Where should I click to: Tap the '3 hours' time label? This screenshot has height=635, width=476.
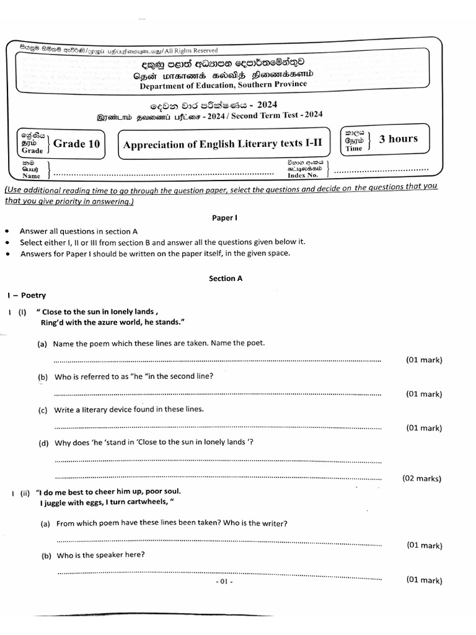click(398, 139)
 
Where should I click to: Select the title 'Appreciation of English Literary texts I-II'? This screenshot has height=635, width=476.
click(223, 144)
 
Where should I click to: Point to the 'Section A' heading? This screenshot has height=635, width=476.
click(226, 278)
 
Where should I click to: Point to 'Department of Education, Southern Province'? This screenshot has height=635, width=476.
click(223, 85)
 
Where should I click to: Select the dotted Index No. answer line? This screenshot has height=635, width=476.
click(381, 169)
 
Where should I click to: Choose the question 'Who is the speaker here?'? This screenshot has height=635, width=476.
click(101, 555)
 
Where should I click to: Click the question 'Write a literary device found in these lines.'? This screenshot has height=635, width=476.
click(129, 409)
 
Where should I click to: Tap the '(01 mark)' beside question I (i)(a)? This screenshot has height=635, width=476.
click(424, 360)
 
